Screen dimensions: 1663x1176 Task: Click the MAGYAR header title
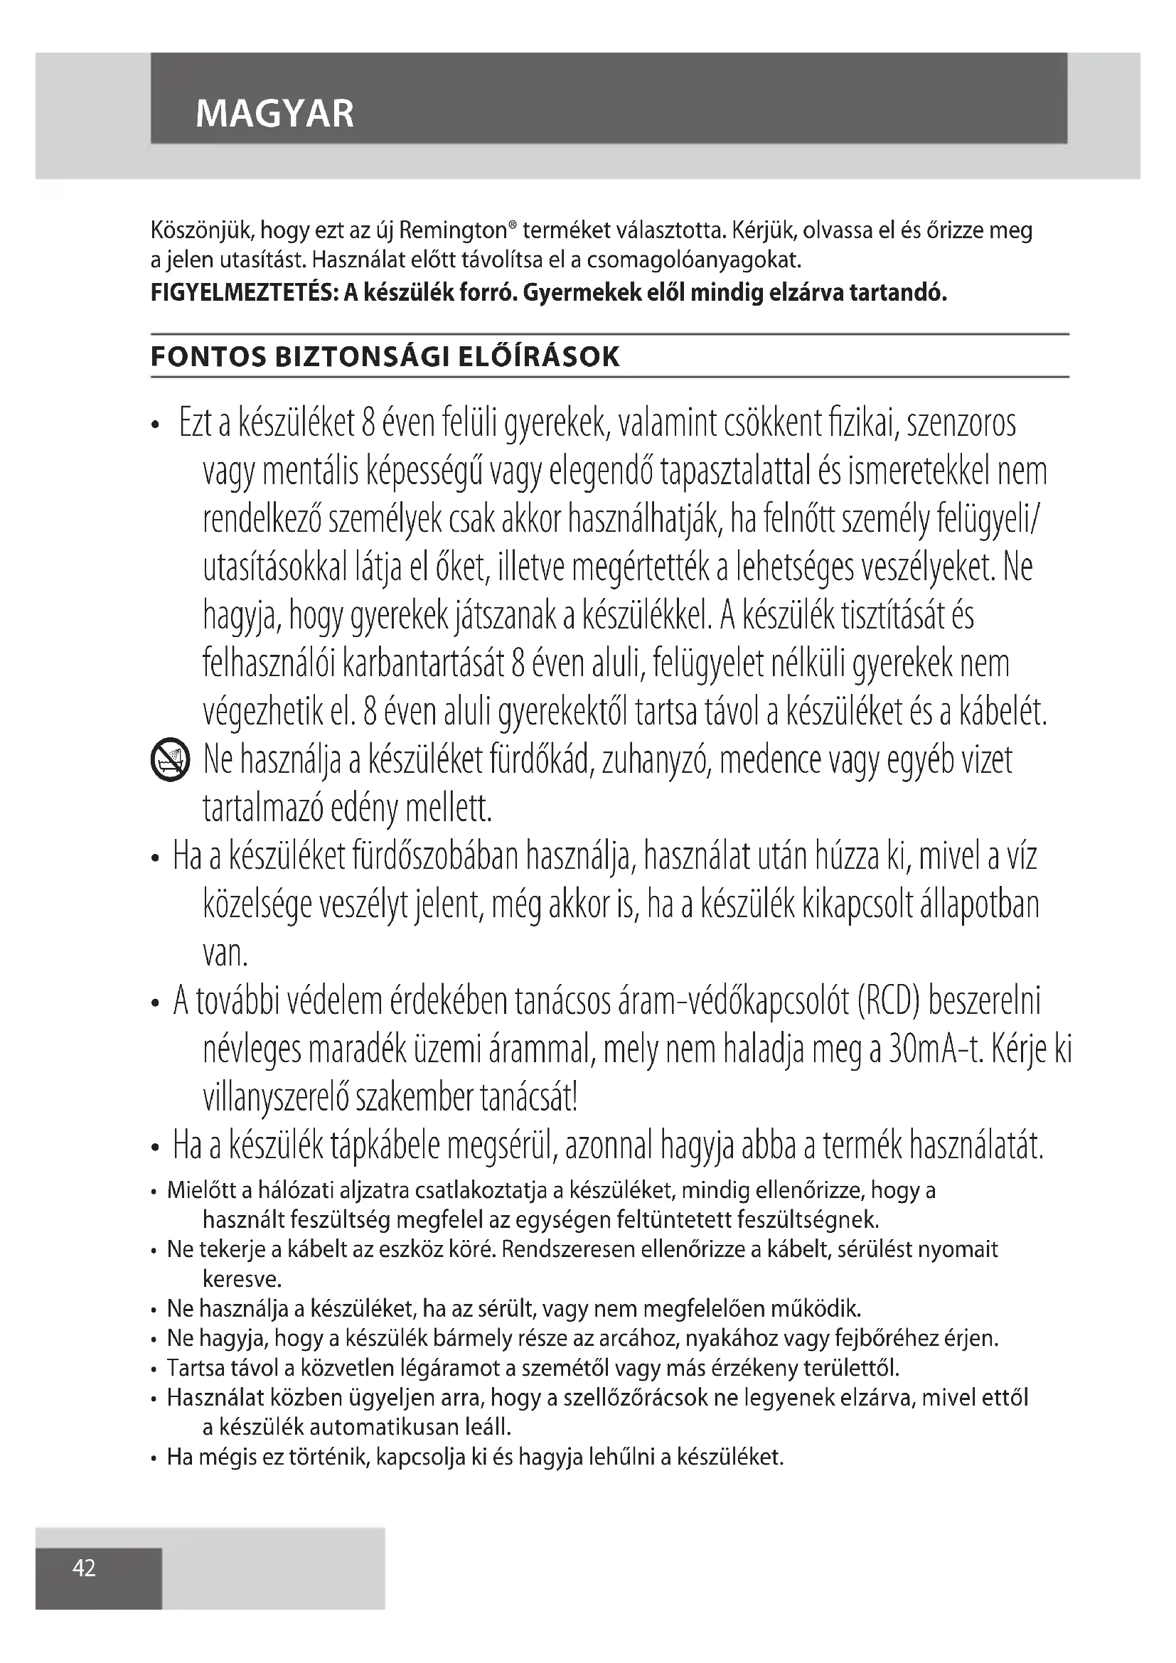[274, 114]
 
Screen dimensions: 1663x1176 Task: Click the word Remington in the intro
[454, 231]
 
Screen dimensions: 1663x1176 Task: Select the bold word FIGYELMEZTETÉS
[242, 294]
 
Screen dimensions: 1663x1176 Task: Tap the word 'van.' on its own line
[225, 954]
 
